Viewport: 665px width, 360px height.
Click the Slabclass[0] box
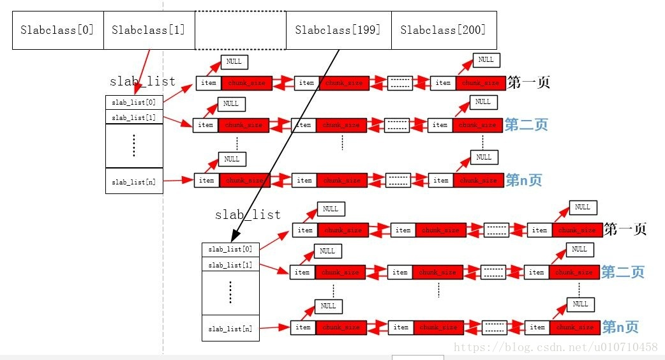tap(57, 30)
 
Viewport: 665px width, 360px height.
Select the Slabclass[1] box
tap(149, 30)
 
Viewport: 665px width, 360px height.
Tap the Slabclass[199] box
tap(338, 30)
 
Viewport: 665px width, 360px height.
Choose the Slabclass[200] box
tap(443, 30)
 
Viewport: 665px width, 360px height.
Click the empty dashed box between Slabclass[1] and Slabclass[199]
tap(240, 30)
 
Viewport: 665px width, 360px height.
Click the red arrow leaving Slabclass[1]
tap(144, 71)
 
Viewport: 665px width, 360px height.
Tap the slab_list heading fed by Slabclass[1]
tap(142, 82)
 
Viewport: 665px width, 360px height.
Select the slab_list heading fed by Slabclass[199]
tap(248, 214)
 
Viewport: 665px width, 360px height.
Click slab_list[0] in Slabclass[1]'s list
tap(133, 102)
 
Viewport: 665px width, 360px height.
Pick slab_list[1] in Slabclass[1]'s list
tap(133, 117)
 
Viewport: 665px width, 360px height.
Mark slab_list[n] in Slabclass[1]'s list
tap(133, 182)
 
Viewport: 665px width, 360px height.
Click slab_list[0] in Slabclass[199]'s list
tap(230, 250)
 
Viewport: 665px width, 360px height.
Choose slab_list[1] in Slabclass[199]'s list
tap(230, 265)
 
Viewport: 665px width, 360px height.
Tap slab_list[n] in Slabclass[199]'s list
tap(230, 329)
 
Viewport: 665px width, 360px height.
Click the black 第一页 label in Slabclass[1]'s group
tap(528, 83)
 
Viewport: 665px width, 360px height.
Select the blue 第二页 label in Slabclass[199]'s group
tap(622, 273)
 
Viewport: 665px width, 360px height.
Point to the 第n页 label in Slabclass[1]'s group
tap(523, 181)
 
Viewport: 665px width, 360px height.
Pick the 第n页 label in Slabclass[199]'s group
tap(620, 327)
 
